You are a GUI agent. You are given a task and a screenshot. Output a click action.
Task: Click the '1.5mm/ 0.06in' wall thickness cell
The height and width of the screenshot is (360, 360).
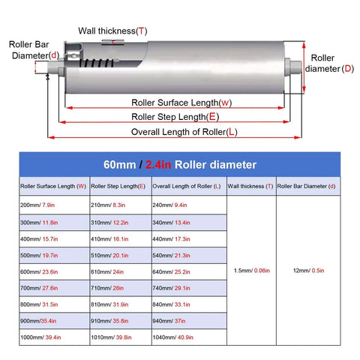(252, 271)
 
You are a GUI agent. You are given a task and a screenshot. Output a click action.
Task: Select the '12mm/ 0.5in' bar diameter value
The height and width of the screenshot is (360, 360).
(308, 271)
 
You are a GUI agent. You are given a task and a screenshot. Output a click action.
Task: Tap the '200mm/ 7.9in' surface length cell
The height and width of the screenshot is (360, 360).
(55, 205)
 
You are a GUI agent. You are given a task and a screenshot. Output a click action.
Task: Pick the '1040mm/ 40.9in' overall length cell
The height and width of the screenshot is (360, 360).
(189, 337)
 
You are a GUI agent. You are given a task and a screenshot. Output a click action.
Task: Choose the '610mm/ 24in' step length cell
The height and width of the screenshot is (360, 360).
(121, 271)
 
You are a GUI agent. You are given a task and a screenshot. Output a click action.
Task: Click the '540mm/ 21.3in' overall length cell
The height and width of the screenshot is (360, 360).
(189, 255)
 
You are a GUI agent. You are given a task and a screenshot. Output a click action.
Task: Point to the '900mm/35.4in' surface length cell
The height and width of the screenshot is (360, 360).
(55, 321)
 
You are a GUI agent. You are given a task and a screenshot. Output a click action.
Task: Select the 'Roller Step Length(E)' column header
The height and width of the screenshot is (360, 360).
(121, 186)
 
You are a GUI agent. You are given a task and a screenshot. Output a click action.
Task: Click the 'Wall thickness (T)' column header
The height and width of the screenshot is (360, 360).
(252, 186)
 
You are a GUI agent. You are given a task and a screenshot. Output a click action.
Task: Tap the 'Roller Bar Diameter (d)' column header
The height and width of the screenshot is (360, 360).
(308, 186)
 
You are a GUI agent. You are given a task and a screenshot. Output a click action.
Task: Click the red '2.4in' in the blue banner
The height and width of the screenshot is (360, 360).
(158, 165)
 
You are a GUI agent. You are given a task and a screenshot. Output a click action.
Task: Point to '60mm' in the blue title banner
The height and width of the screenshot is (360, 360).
(120, 165)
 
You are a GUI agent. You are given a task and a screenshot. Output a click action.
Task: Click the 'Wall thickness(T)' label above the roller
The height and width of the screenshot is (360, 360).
(112, 31)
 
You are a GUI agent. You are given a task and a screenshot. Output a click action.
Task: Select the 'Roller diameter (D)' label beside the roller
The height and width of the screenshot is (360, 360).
(329, 63)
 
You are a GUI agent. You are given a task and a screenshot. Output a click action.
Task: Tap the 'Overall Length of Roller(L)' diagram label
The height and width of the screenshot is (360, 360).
(184, 132)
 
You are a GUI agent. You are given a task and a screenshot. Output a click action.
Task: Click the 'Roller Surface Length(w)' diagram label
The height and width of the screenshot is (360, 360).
(181, 103)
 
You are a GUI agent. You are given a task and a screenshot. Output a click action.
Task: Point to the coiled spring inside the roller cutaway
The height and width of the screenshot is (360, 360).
(96, 63)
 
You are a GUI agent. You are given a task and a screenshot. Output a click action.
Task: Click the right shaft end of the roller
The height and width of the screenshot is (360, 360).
(295, 67)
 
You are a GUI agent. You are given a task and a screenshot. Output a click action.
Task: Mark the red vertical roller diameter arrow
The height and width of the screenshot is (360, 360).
(304, 67)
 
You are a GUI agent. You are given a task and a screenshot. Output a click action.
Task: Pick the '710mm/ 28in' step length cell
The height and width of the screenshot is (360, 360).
(121, 288)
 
